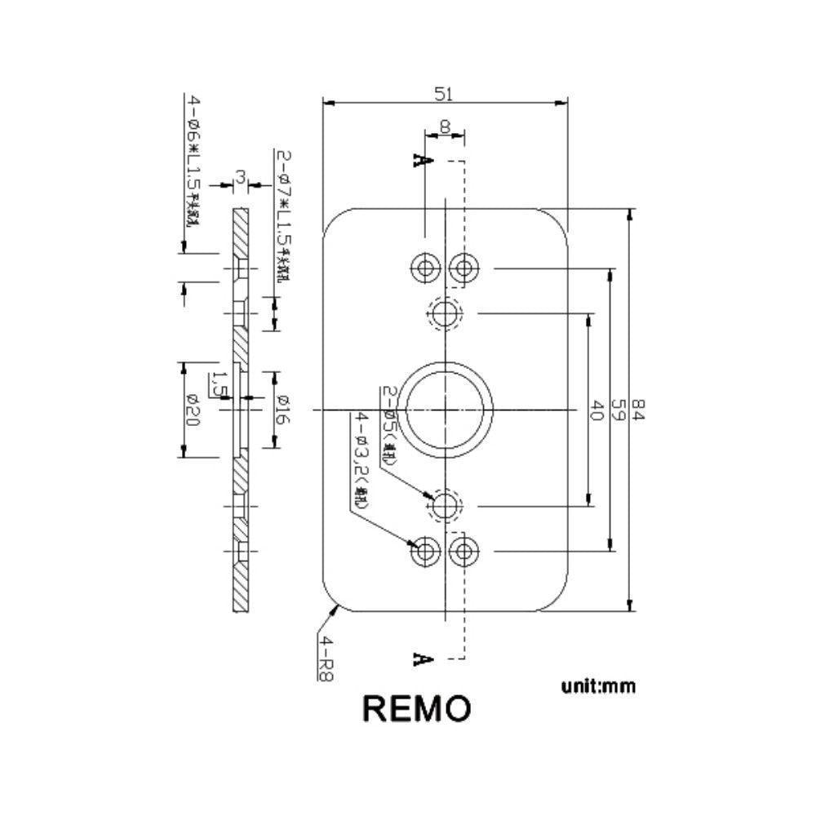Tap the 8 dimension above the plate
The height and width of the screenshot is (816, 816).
pyautogui.click(x=445, y=126)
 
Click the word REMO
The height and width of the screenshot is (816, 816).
pyautogui.click(x=416, y=708)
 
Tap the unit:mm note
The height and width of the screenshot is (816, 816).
pyautogui.click(x=598, y=685)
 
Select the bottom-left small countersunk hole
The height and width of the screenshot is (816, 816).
pyautogui.click(x=425, y=552)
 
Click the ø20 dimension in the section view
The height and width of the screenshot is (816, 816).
pyautogui.click(x=193, y=410)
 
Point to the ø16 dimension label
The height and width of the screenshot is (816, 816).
pyautogui.click(x=282, y=410)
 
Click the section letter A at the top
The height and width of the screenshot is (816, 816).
pyautogui.click(x=422, y=161)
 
